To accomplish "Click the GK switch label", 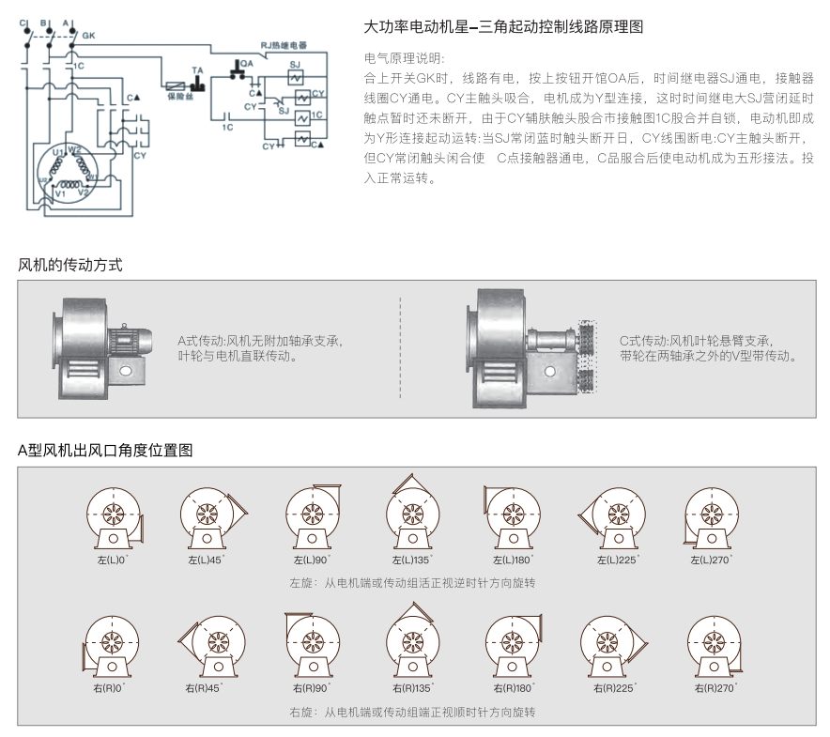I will (89, 37).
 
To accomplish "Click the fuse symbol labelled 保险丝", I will (175, 84).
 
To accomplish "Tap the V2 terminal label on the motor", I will (83, 192).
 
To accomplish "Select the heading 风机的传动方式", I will (70, 266).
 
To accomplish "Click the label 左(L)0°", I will (112, 560).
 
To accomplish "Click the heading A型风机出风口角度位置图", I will (105, 450).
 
